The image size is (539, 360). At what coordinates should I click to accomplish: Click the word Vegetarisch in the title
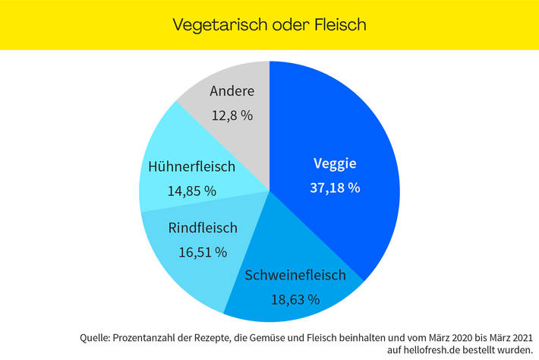click(215, 24)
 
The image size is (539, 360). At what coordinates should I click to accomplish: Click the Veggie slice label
click(335, 163)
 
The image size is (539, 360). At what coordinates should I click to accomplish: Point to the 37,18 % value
click(335, 188)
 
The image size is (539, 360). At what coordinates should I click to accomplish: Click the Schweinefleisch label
click(295, 275)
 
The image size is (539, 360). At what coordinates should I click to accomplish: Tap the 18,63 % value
click(295, 298)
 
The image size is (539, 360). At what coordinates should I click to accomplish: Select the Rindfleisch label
click(202, 228)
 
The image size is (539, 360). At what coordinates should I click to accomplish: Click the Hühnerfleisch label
click(192, 167)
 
